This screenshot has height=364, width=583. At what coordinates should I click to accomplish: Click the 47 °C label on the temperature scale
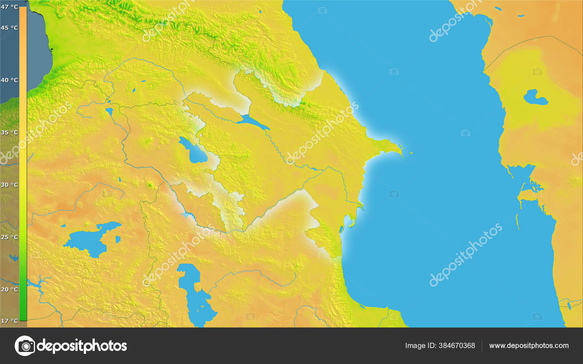pyautogui.click(x=9, y=7)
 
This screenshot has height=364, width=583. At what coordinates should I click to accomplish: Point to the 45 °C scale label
pyautogui.click(x=9, y=28)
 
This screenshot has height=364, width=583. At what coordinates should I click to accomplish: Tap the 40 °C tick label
pyautogui.click(x=9, y=80)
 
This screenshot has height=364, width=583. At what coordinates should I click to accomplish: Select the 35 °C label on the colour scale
pyautogui.click(x=9, y=132)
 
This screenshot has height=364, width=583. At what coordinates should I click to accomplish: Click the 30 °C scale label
pyautogui.click(x=9, y=185)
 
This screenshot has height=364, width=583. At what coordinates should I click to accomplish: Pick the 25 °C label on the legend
pyautogui.click(x=9, y=237)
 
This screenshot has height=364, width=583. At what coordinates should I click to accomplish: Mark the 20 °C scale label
pyautogui.click(x=9, y=290)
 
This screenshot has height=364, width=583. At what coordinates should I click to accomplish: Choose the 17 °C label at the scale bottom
pyautogui.click(x=9, y=321)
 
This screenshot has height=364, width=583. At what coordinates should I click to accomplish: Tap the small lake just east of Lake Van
pyautogui.click(x=118, y=239)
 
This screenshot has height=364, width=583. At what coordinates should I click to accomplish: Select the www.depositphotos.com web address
pyautogui.click(x=529, y=345)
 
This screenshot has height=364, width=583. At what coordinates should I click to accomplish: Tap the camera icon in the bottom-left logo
pyautogui.click(x=25, y=346)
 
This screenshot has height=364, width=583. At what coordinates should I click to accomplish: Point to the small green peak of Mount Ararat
pyautogui.click(x=149, y=185)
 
